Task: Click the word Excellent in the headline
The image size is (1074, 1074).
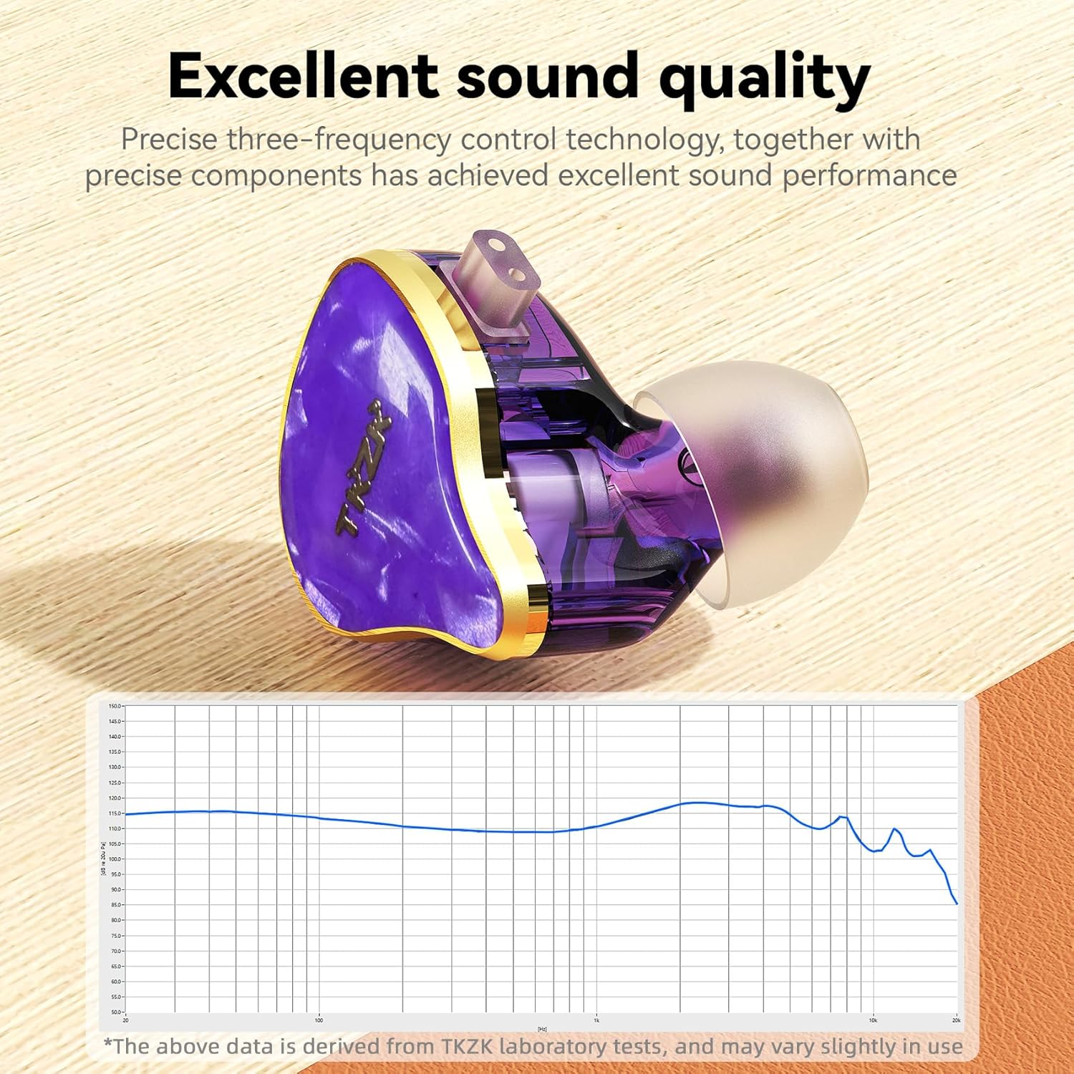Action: point(303,77)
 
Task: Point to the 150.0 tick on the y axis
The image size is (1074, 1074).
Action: point(115,707)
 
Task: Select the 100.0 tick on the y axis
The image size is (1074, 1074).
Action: point(115,859)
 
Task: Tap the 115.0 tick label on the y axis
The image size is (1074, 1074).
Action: point(115,813)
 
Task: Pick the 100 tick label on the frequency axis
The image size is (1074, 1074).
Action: point(319,1020)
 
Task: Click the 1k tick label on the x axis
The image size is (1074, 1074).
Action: point(596,1020)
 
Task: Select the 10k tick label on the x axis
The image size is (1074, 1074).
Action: point(873,1020)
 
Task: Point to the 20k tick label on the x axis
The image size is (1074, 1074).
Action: point(956,1020)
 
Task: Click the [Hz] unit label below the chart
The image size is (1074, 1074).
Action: point(542,1029)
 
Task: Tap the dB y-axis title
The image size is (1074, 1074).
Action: point(104,859)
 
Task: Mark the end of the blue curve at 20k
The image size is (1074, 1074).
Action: point(957,903)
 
